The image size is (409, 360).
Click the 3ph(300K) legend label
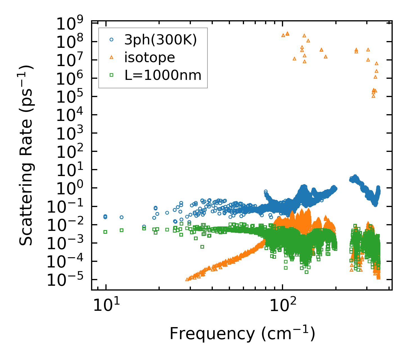(x=161, y=40)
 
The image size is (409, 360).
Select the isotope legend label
(x=150, y=58)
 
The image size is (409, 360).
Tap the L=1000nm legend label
(x=163, y=75)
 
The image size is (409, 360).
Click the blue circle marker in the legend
(x=111, y=40)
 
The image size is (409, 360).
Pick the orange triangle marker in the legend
(x=111, y=57)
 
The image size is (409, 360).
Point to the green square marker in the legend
(x=111, y=75)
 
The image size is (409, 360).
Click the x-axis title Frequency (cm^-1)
(x=242, y=334)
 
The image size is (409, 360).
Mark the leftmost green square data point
(x=105, y=232)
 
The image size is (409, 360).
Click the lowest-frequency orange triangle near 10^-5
(x=187, y=279)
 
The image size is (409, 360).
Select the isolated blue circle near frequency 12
(x=122, y=217)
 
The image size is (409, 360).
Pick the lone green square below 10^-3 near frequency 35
(x=202, y=247)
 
